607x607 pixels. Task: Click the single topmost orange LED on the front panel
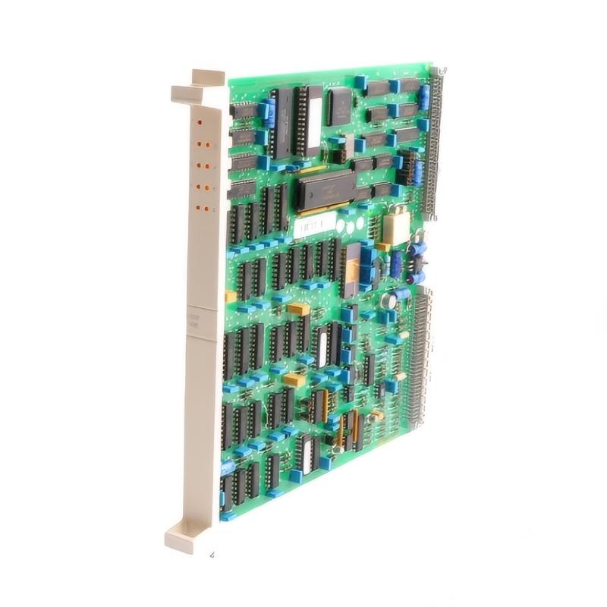(200, 121)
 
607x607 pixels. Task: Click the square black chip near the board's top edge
(340, 106)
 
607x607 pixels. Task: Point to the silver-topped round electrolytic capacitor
(388, 300)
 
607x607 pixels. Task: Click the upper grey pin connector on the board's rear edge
(437, 144)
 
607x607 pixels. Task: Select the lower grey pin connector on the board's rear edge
(419, 357)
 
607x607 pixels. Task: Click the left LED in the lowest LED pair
(198, 206)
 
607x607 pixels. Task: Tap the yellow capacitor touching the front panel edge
(230, 297)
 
